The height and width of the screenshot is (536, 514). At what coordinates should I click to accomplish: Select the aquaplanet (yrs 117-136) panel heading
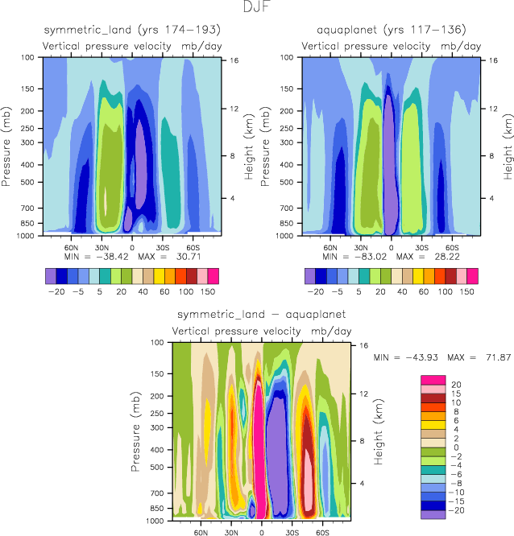coord(392,30)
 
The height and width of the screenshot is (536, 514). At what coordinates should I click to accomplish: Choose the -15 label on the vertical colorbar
coord(456,501)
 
